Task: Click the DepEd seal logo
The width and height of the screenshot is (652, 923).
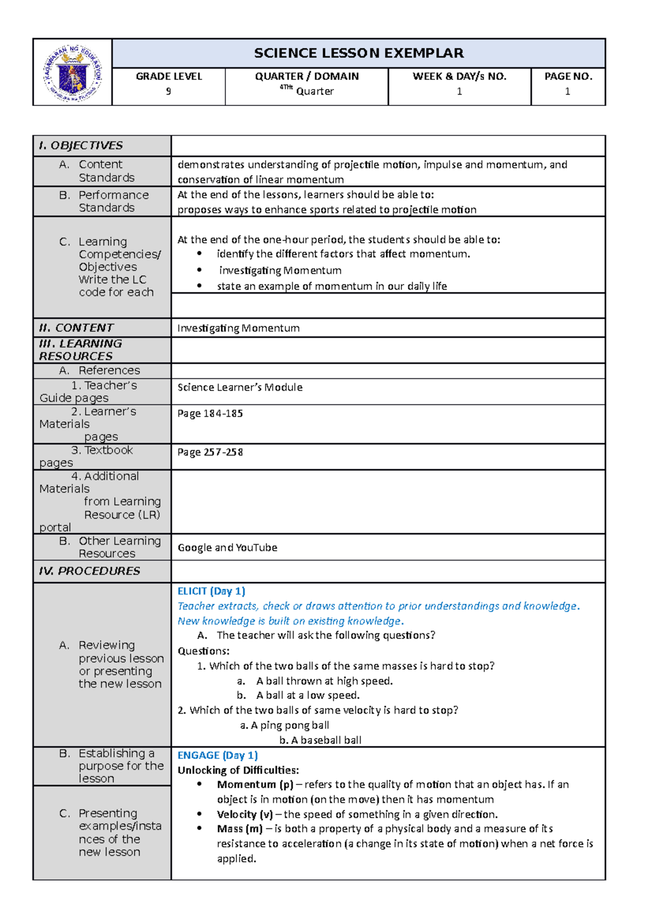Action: point(72,73)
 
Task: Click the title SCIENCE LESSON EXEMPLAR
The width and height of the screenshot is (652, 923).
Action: point(359,53)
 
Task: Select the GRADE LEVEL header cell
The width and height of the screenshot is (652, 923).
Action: point(168,77)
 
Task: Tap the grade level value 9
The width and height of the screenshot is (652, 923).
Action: point(168,91)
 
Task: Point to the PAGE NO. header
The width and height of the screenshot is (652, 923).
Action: point(568,77)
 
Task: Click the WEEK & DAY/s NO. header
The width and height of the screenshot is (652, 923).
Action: point(459,77)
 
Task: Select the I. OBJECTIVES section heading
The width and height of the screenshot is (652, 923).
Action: point(81,146)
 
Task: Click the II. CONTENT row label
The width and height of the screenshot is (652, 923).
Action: point(76,328)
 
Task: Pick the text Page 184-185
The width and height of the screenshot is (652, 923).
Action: point(210,414)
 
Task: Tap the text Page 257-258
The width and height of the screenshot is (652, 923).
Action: point(210,452)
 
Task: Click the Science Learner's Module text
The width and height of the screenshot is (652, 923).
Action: point(240,388)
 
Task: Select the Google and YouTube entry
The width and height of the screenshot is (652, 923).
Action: point(227,548)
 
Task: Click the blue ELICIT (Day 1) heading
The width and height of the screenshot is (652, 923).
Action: point(211,591)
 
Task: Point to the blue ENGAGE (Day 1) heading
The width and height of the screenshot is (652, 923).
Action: point(217,756)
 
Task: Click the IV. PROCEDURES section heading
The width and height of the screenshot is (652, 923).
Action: point(89,571)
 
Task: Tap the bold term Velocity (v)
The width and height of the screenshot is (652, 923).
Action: point(244,814)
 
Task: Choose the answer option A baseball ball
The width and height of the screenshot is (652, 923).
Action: point(321,740)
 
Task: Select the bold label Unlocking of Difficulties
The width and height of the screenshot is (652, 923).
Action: point(238,770)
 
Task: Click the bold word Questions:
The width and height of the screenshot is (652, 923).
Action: point(203,651)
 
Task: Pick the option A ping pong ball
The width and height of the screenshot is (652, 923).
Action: point(285,726)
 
